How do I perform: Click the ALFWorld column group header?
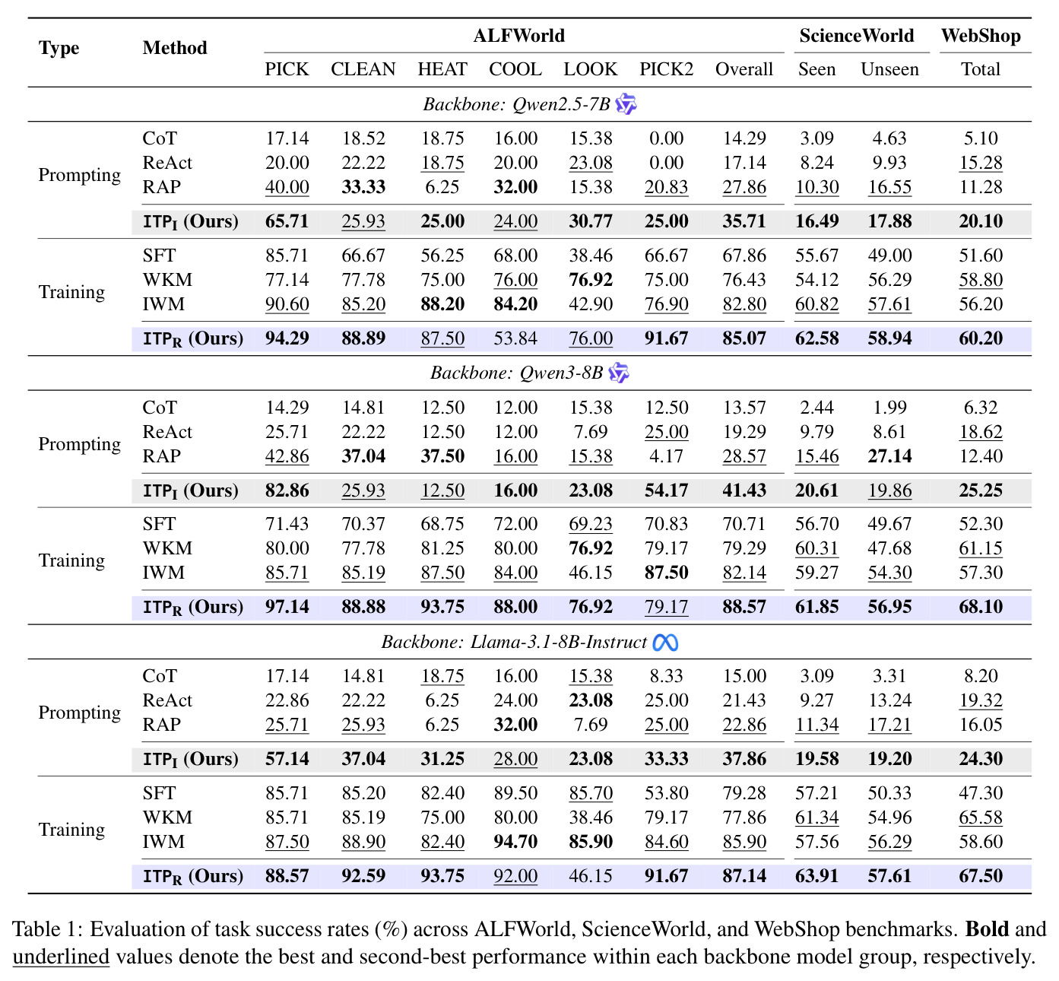518,36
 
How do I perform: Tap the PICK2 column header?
666,69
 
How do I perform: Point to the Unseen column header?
889,69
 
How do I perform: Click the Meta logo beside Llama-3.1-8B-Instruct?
665,643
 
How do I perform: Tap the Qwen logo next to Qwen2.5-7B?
626,104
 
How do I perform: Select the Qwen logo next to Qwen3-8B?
619,373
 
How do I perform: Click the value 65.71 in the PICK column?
287,221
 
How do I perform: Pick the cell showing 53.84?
515,338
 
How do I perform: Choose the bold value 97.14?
287,607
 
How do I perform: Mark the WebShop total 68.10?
980,607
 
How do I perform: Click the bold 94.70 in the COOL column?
515,841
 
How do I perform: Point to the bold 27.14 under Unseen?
889,456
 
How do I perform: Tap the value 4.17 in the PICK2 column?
666,456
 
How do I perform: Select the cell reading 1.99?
889,408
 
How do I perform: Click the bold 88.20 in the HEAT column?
442,304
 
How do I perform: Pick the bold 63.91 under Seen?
816,875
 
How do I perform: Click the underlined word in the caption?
61,957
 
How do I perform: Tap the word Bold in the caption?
987,929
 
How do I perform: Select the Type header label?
59,48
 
